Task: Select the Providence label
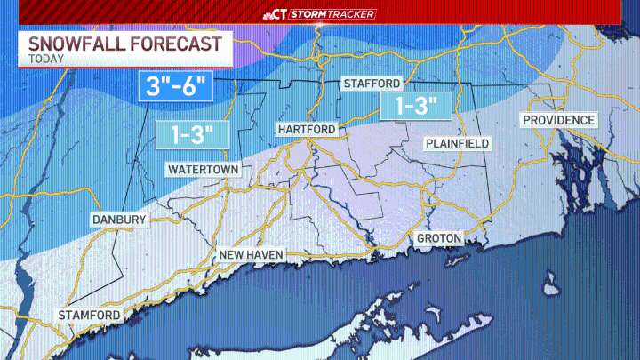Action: point(558,120)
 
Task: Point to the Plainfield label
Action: point(457,143)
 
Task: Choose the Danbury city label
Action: point(118,220)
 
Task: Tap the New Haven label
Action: point(252,256)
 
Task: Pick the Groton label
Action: point(438,238)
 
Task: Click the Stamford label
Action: point(89,316)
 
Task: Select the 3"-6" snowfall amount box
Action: point(177,87)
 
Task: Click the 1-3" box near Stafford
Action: point(410,106)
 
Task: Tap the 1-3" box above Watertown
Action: point(193,135)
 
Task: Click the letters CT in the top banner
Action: point(281,14)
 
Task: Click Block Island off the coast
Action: point(551,287)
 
